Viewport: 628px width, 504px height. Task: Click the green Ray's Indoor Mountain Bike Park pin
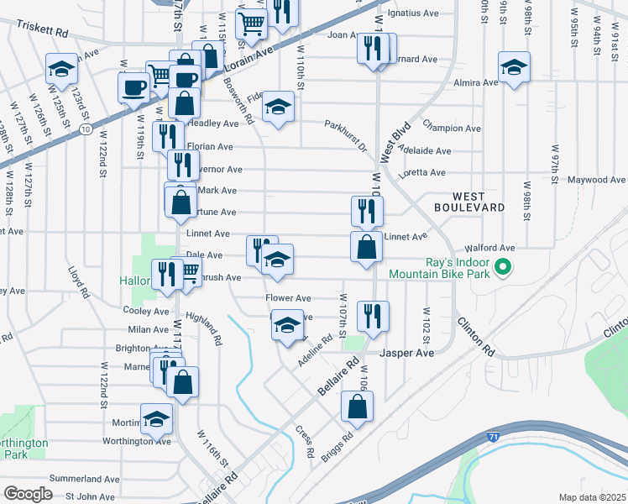pyautogui.click(x=503, y=269)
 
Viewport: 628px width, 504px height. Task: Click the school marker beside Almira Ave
pyautogui.click(x=514, y=69)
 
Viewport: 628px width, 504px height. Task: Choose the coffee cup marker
pyautogui.click(x=134, y=87)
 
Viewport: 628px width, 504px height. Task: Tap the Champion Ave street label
pyautogui.click(x=452, y=129)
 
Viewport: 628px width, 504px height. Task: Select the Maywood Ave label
pyautogui.click(x=597, y=180)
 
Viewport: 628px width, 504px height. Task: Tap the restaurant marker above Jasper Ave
pyautogui.click(x=372, y=317)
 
